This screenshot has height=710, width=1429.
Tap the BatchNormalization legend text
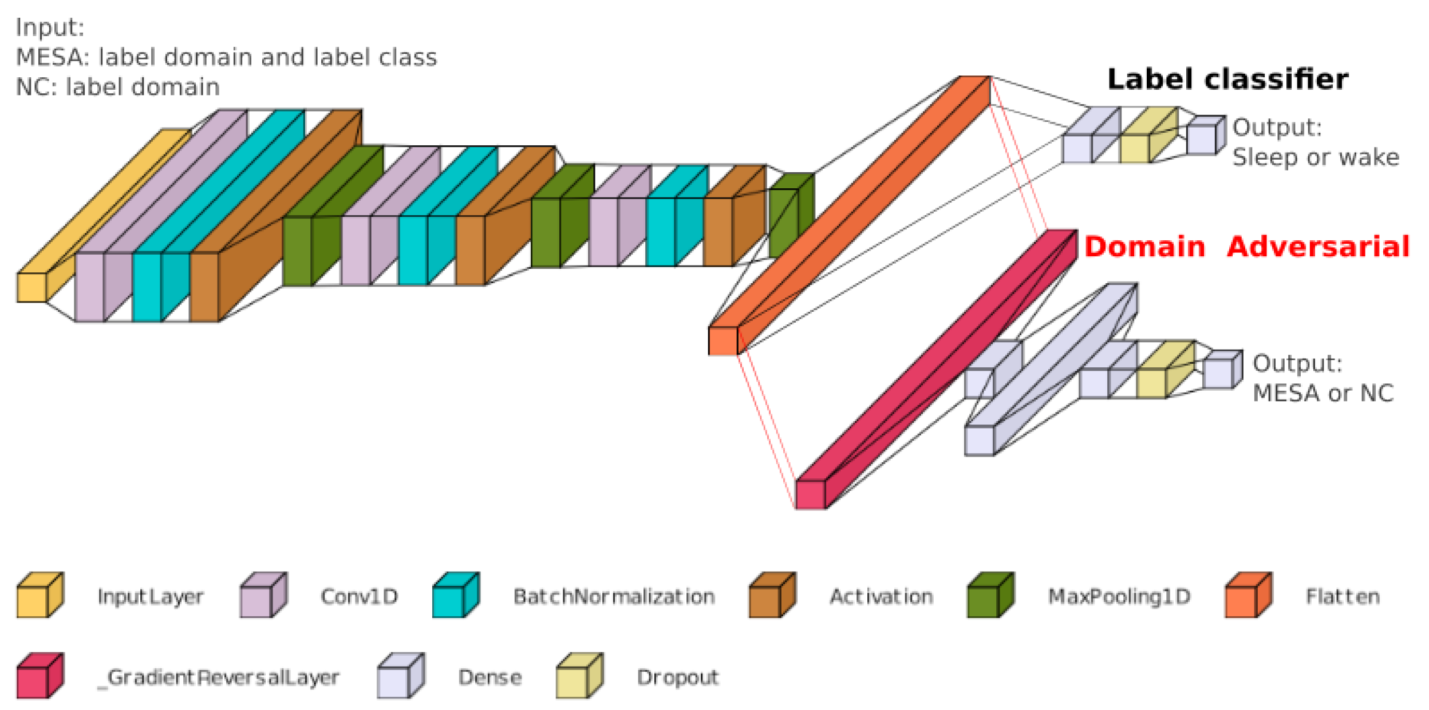(613, 597)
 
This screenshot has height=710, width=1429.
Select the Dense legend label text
(490, 677)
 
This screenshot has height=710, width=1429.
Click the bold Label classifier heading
(1227, 79)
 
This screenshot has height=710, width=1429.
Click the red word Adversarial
(1317, 247)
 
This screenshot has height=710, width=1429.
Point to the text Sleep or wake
(1315, 157)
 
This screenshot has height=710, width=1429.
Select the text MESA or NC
(1323, 393)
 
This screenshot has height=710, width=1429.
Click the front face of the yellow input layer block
(31, 287)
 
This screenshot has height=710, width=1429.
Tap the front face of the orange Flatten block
(723, 341)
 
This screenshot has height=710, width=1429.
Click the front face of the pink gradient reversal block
(810, 494)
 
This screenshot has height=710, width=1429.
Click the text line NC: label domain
(117, 87)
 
